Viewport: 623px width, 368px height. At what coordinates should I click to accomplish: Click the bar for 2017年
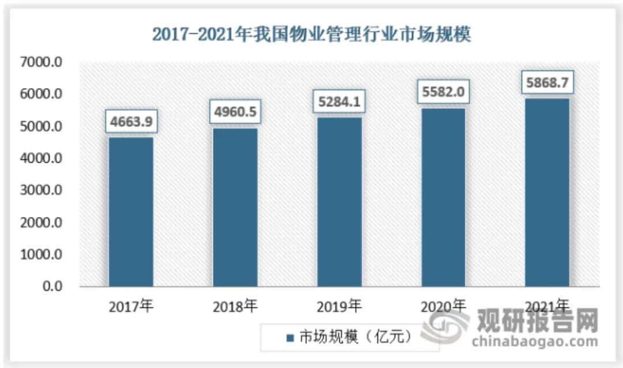click(x=132, y=212)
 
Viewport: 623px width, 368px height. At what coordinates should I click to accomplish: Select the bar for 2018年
click(x=235, y=207)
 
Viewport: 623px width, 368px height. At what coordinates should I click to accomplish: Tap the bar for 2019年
click(x=339, y=202)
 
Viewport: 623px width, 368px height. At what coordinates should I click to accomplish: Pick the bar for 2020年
click(x=443, y=197)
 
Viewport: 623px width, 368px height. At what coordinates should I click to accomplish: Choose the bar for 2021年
click(x=547, y=193)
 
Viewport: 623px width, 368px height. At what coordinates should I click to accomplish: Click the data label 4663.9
click(x=132, y=122)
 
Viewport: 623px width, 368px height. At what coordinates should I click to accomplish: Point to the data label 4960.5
click(x=235, y=113)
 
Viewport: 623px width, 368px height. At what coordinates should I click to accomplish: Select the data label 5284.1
click(x=339, y=102)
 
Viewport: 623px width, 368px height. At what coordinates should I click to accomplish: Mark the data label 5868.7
click(x=547, y=83)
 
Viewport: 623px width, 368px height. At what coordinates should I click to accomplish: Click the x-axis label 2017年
click(x=132, y=306)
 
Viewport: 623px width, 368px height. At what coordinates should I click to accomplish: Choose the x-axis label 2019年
click(x=339, y=306)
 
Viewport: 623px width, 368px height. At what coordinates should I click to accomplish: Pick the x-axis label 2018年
click(x=235, y=306)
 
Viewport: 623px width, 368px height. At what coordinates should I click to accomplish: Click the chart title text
click(x=311, y=35)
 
